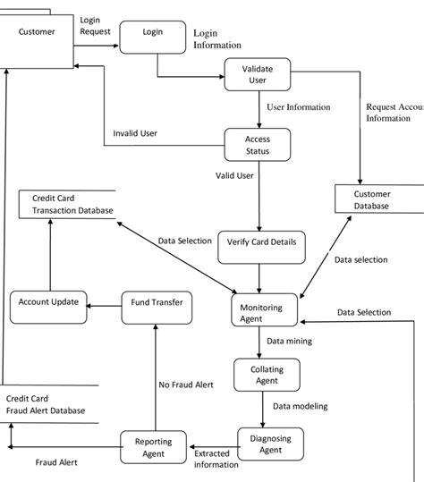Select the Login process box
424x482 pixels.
coord(152,33)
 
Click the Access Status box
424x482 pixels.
coord(258,145)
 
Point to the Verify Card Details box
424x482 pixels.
coord(260,242)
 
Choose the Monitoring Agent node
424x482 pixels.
coord(261,312)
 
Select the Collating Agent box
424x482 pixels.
coord(262,374)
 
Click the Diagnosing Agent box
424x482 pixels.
coord(270,444)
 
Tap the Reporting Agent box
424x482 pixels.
coord(153,446)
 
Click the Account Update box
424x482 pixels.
coord(48,303)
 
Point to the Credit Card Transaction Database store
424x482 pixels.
coord(67,205)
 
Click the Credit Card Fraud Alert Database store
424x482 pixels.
coord(45,404)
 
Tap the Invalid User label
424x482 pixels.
coord(135,133)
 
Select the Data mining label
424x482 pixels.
coord(289,341)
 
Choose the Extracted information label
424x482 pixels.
coord(216,459)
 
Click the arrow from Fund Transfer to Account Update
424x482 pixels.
coord(105,304)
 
